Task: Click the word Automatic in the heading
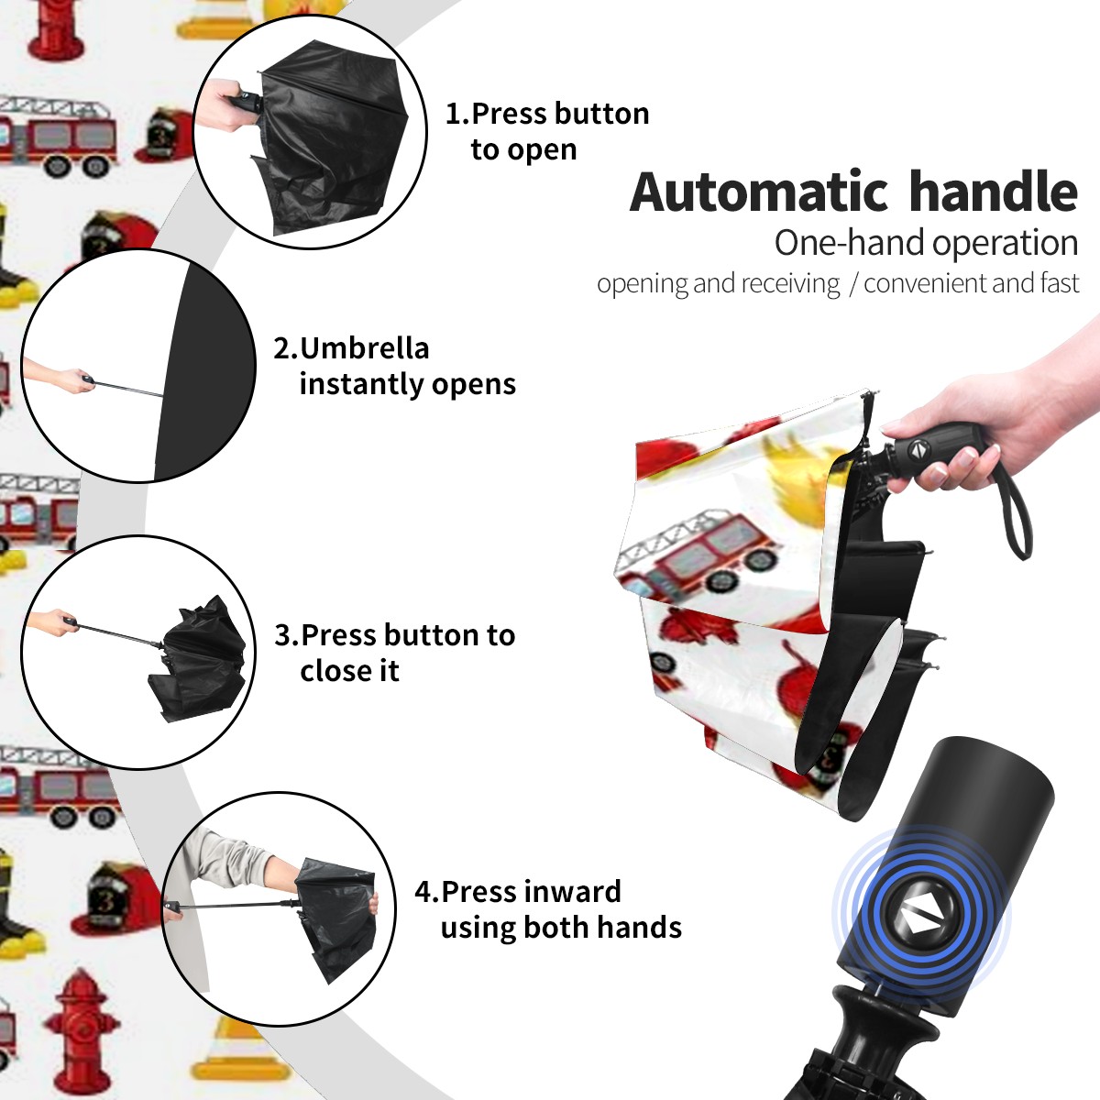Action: coord(759,192)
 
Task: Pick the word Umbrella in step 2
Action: coord(364,348)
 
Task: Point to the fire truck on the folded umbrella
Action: coord(701,554)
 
